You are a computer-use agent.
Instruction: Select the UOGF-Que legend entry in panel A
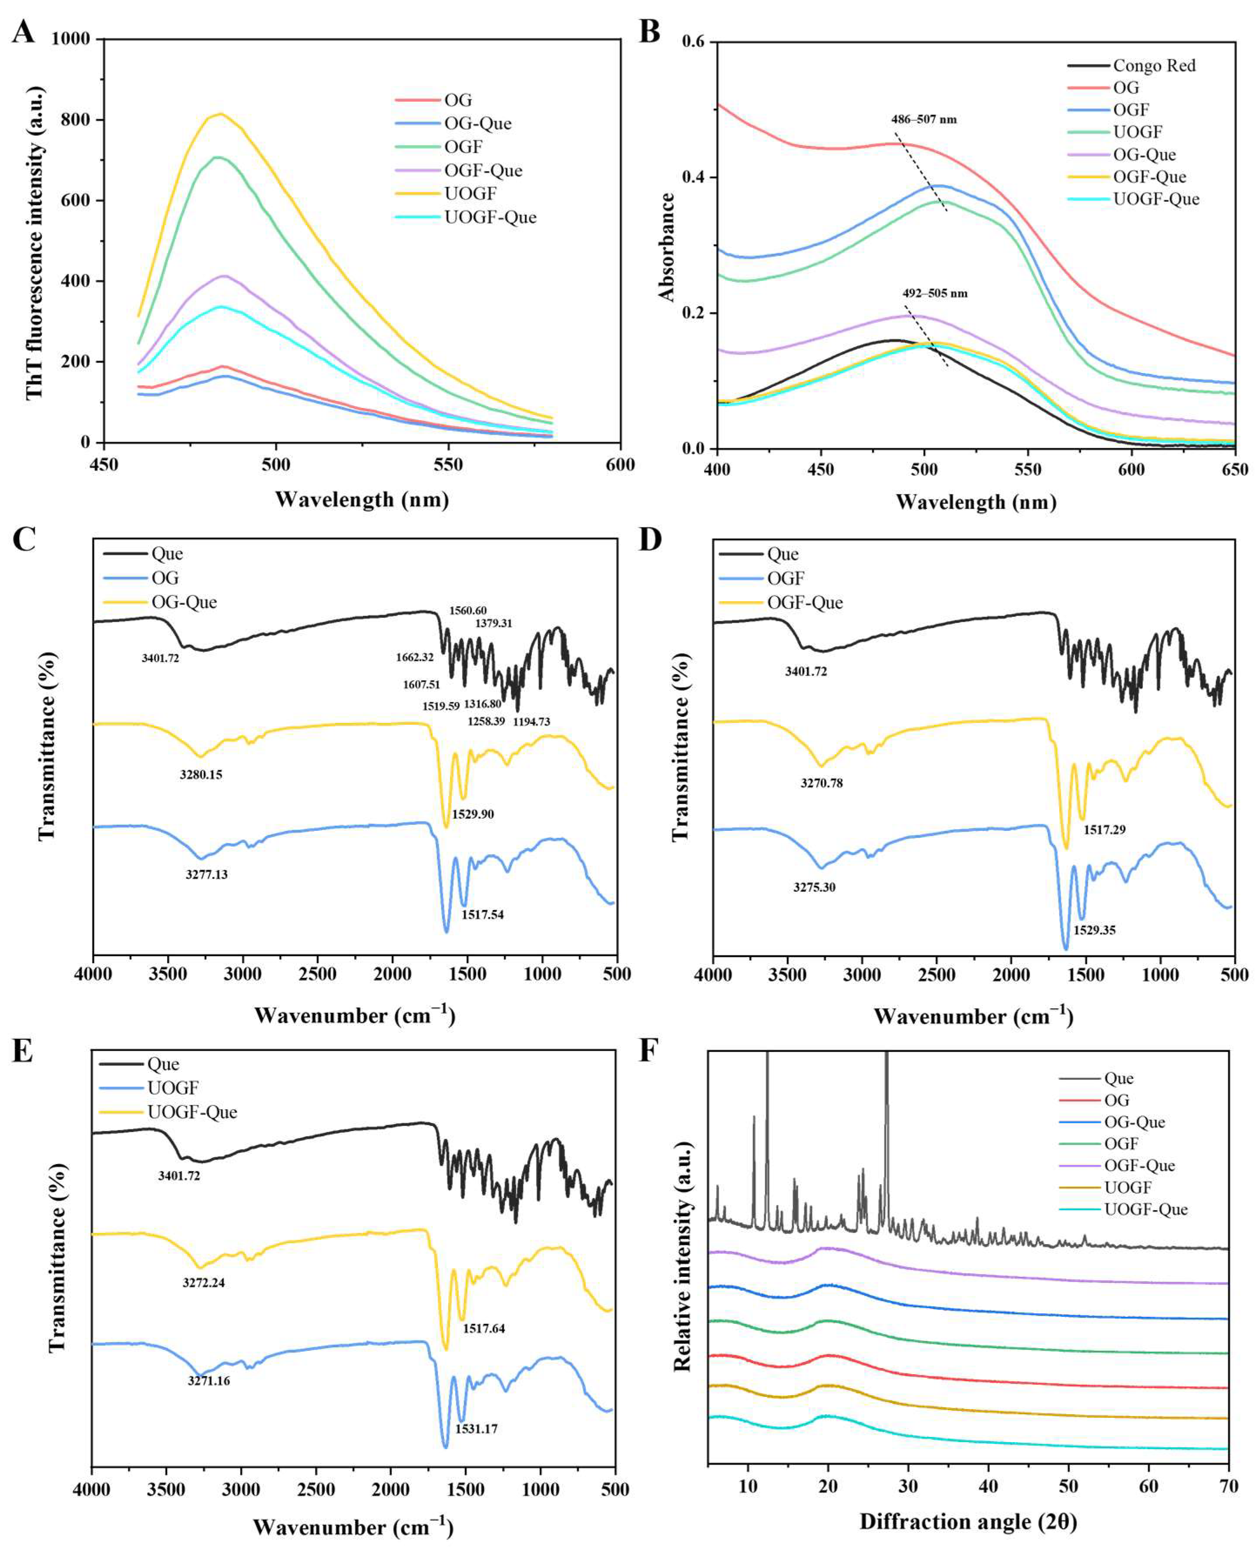click(x=490, y=217)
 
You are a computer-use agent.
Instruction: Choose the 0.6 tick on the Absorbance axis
click(x=694, y=42)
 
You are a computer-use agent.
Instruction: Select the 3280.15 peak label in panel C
click(x=201, y=775)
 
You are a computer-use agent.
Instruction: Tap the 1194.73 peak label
click(x=532, y=721)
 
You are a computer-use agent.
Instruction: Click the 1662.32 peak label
click(x=415, y=657)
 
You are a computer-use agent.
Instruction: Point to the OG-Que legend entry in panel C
click(x=184, y=602)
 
